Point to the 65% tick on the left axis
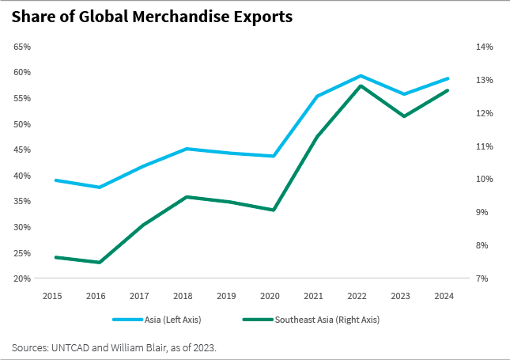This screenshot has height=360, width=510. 23,47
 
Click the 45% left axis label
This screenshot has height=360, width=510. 23,150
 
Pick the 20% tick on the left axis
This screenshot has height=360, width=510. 23,279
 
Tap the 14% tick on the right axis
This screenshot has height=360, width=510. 484,47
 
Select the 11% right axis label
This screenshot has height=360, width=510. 484,146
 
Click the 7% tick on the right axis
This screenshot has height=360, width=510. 484,279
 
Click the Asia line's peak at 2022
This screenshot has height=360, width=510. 361,76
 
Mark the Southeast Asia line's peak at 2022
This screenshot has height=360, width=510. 361,85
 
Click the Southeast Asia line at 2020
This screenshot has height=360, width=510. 274,210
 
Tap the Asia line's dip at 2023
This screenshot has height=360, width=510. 404,94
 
